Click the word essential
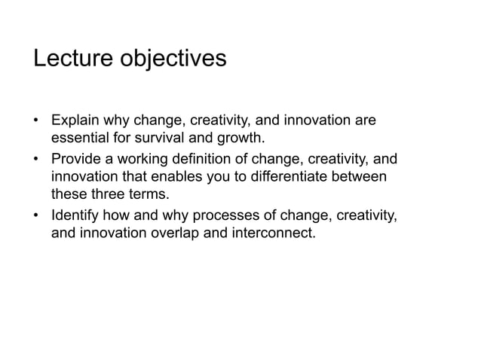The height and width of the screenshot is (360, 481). [x=81, y=138]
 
